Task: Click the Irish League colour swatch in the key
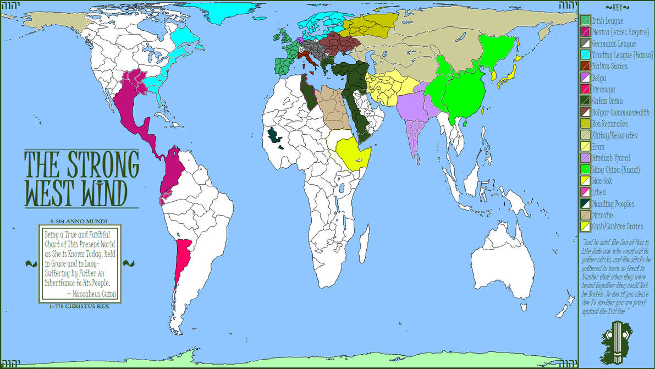tap(585, 21)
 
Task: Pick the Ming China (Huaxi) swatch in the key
tap(585, 169)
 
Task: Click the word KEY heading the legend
tap(616, 7)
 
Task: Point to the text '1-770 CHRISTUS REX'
tap(80, 306)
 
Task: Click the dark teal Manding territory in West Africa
tap(274, 137)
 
